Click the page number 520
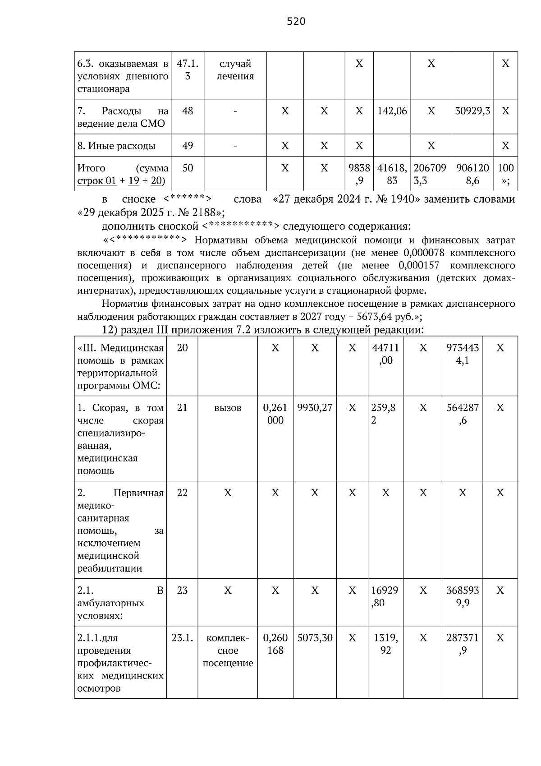pyautogui.click(x=296, y=21)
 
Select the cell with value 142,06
pyautogui.click(x=392, y=111)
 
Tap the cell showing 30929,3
pyautogui.click(x=472, y=111)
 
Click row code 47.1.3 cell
pyautogui.click(x=188, y=70)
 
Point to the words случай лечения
pyautogui.click(x=235, y=70)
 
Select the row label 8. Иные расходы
pyautogui.click(x=116, y=146)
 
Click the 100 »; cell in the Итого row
pyautogui.click(x=505, y=174)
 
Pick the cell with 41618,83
pyautogui.click(x=392, y=174)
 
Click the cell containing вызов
pyautogui.click(x=228, y=408)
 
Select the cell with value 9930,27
pyautogui.click(x=315, y=408)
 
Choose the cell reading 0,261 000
pyautogui.click(x=275, y=414)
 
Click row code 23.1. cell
pyautogui.click(x=182, y=638)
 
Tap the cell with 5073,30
pyautogui.click(x=315, y=638)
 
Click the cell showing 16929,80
pyautogui.click(x=385, y=596)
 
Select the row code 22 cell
pyautogui.click(x=182, y=493)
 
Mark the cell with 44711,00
pyautogui.click(x=385, y=354)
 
